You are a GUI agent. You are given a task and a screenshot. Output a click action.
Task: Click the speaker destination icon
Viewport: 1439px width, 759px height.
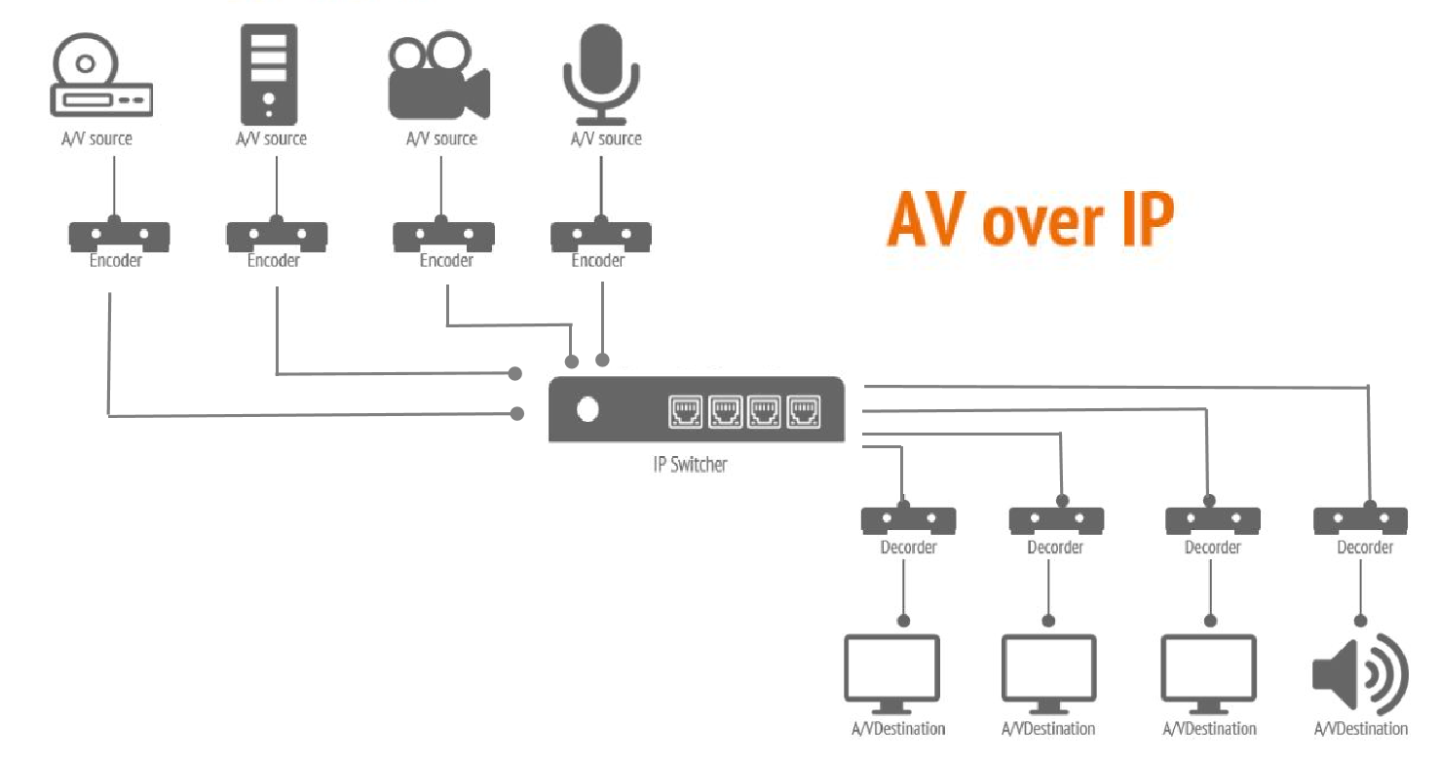click(x=1360, y=673)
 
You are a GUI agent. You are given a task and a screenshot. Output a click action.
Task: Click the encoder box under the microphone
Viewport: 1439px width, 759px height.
click(x=601, y=236)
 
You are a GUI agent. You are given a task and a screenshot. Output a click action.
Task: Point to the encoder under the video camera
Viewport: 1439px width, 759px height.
click(x=443, y=236)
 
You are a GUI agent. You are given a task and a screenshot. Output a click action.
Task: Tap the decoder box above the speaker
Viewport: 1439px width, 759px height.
click(x=1359, y=520)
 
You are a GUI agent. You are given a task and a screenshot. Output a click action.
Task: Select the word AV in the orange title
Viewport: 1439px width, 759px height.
click(x=927, y=221)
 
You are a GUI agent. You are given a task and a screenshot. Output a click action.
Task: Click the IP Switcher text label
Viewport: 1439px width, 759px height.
click(x=690, y=464)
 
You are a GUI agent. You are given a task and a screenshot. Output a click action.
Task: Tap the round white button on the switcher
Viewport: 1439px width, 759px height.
click(x=587, y=410)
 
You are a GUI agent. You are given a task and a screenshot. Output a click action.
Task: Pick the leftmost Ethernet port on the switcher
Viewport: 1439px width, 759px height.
click(x=685, y=412)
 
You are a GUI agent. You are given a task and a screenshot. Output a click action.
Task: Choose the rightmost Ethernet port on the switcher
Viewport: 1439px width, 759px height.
click(x=804, y=412)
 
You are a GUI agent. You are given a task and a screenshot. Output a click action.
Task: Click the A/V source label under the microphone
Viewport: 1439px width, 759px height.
click(x=606, y=139)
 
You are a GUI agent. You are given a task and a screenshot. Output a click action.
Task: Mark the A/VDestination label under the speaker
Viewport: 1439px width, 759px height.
click(x=1360, y=729)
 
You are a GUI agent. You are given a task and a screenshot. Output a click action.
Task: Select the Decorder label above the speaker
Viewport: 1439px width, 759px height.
click(x=1364, y=548)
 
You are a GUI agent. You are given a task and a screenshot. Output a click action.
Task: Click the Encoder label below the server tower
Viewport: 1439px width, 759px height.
click(x=273, y=261)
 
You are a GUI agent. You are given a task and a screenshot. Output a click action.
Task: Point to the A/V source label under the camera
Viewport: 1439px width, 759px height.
click(x=441, y=139)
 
